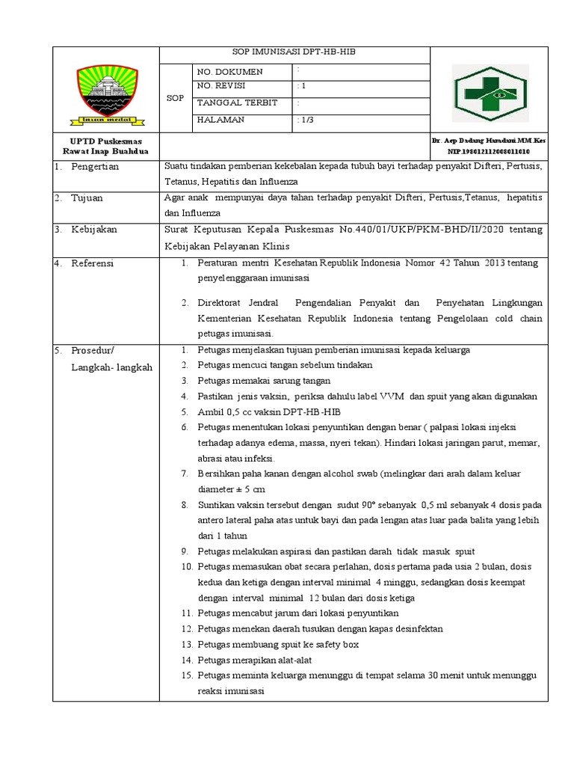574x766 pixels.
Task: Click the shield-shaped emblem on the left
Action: [106, 92]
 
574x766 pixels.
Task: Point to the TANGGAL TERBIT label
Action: [232, 103]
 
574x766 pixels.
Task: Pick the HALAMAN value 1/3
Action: [306, 120]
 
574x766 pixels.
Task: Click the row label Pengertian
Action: [95, 167]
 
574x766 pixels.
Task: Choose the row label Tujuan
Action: [87, 198]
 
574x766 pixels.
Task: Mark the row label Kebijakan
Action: [94, 230]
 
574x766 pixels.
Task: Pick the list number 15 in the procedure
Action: [188, 676]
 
